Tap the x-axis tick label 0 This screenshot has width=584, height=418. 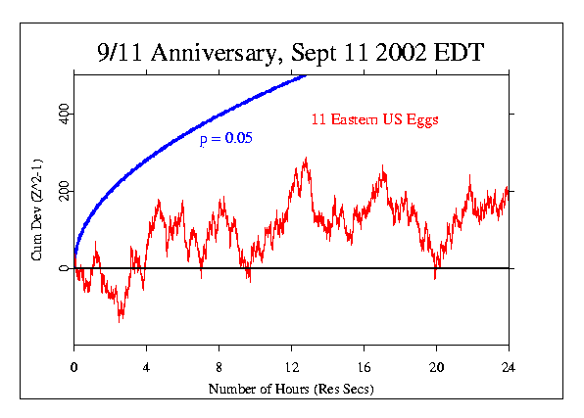[73, 367]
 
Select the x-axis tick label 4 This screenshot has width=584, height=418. [146, 367]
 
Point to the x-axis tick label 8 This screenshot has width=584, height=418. [219, 367]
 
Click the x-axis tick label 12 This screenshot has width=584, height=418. [291, 367]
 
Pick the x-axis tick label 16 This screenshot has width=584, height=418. [364, 367]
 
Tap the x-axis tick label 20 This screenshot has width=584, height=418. [436, 367]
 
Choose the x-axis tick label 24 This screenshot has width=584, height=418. [509, 367]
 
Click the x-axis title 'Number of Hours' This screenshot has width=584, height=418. [291, 390]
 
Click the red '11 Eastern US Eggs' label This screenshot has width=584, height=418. [368, 120]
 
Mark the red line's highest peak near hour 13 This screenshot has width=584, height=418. [306, 158]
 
